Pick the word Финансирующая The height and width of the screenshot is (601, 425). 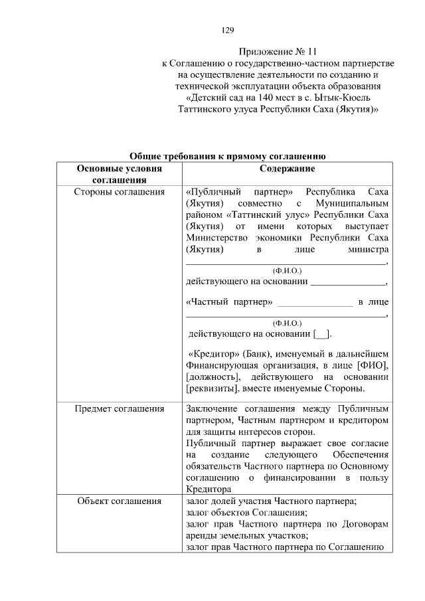tap(222, 365)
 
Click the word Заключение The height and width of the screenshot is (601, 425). tap(212, 408)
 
